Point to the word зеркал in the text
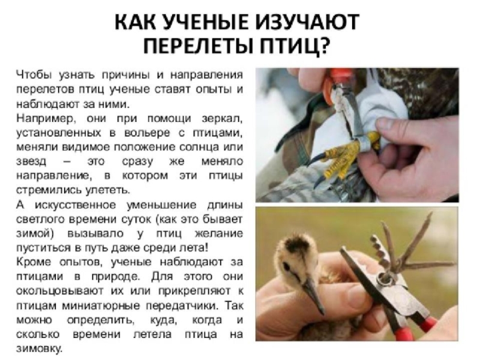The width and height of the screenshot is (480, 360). click(x=222, y=119)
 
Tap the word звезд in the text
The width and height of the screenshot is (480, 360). click(x=31, y=161)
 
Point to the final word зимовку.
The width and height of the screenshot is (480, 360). click(x=39, y=349)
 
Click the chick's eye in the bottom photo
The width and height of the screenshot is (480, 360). click(x=286, y=267)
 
